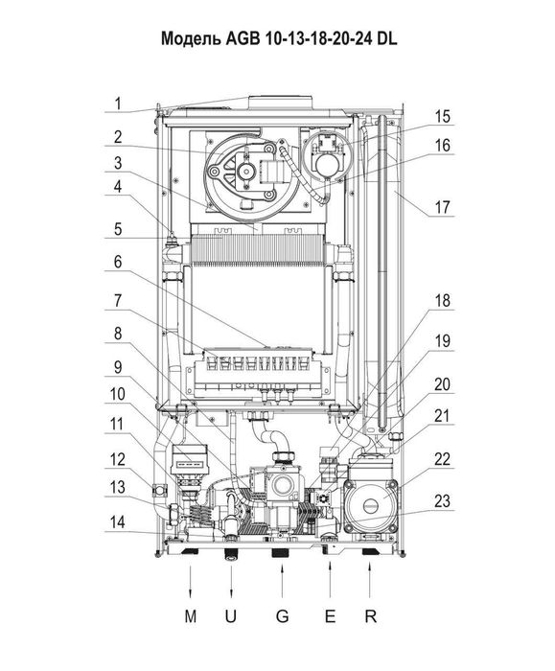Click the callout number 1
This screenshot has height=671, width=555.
pyautogui.click(x=118, y=104)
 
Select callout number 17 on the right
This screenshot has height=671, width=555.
pyautogui.click(x=443, y=208)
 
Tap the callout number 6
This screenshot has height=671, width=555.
pyautogui.click(x=118, y=262)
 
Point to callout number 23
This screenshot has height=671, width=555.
pyautogui.click(x=443, y=500)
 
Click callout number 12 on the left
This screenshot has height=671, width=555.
pyautogui.click(x=118, y=459)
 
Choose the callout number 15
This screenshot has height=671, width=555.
pyautogui.click(x=443, y=116)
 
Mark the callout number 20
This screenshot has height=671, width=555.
pyautogui.click(x=443, y=384)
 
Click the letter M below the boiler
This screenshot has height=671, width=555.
pyautogui.click(x=191, y=616)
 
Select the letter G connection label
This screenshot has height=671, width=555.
pyautogui.click(x=282, y=616)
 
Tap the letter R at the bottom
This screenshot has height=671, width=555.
pyautogui.click(x=371, y=616)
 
